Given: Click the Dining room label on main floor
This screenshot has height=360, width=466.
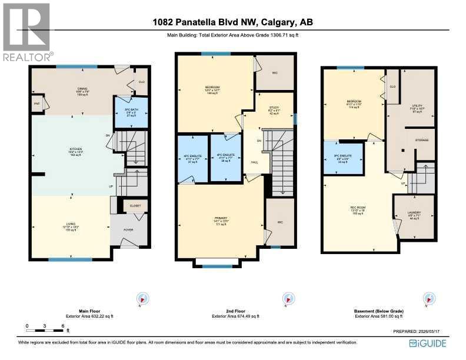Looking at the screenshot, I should click(x=74, y=88).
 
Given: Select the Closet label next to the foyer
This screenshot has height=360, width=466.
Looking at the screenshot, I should click(x=135, y=207).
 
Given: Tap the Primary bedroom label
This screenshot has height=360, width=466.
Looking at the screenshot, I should click(x=221, y=218).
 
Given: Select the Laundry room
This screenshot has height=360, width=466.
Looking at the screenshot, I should click(x=414, y=216).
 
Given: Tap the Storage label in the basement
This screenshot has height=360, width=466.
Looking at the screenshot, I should click(x=421, y=140).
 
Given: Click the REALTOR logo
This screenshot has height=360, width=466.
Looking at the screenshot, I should click(x=27, y=32).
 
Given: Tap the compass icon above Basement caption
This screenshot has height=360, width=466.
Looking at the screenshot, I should click(x=427, y=299).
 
